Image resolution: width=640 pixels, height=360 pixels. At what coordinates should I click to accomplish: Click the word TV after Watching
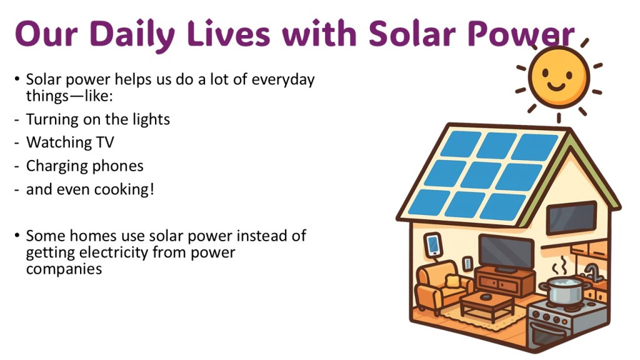coord(105,142)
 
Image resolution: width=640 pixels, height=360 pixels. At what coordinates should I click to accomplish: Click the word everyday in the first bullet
coord(283,79)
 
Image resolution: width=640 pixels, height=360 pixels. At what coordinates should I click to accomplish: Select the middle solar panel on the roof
coord(481,175)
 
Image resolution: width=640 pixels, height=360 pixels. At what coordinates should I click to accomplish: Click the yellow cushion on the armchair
coord(452,281)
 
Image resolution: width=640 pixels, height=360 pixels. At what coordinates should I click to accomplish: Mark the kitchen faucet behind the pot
coord(591,272)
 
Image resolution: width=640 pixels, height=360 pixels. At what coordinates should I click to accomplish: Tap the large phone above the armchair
coord(433,244)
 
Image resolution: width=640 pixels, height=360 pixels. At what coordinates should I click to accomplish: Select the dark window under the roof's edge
coord(571,218)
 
